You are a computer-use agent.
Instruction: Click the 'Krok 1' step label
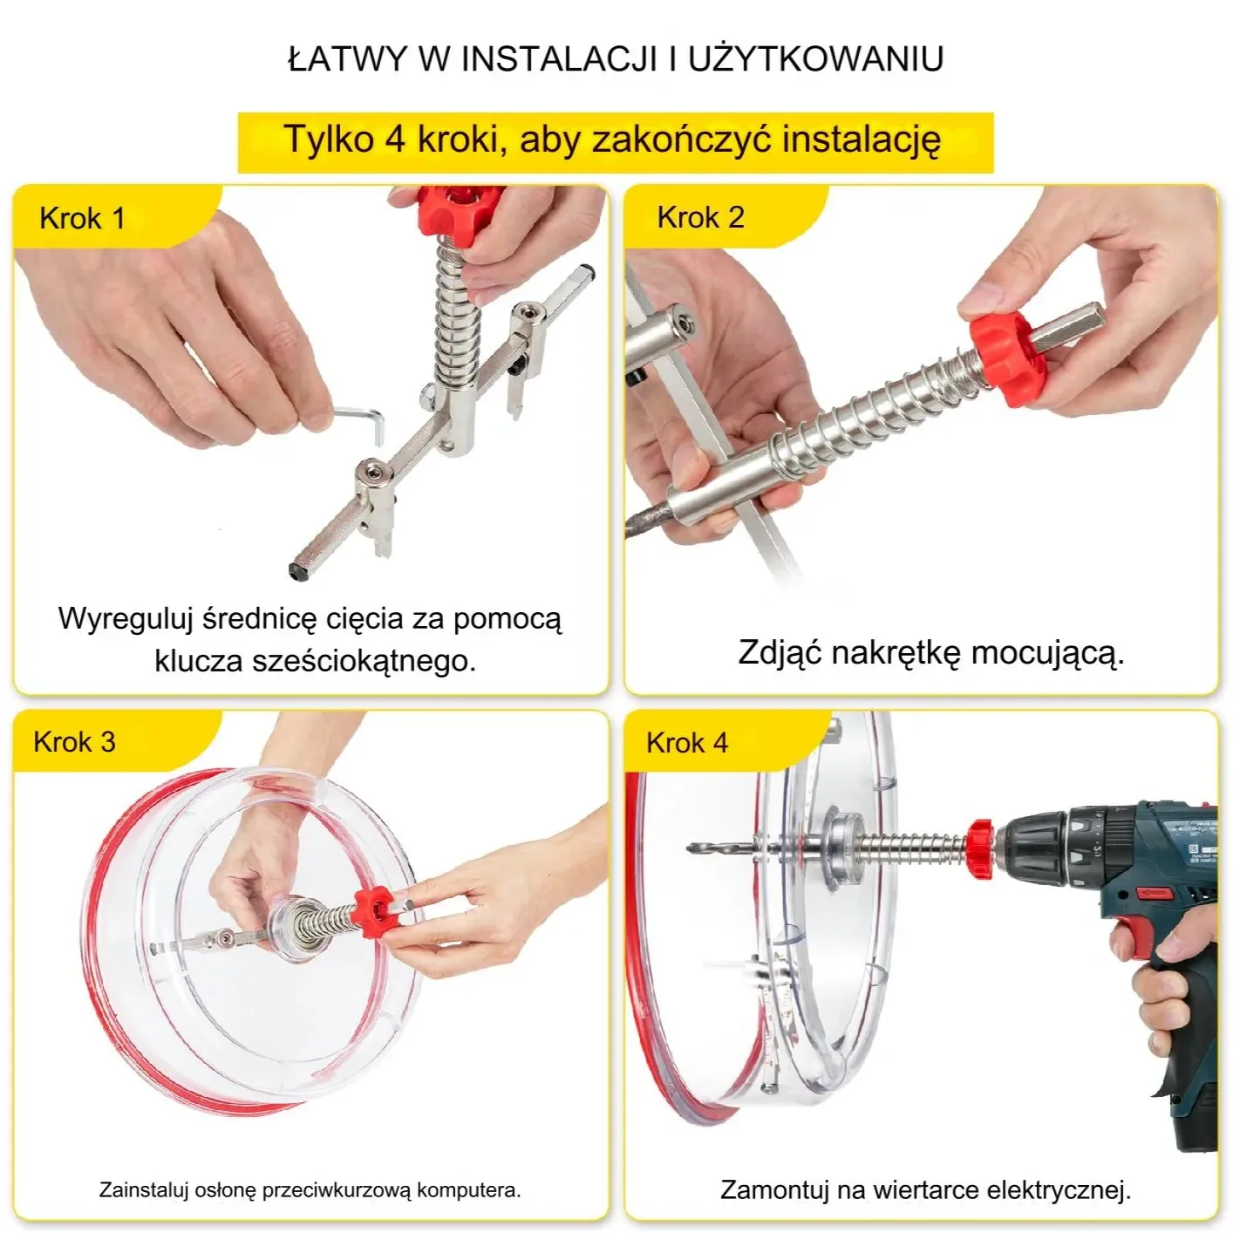83,219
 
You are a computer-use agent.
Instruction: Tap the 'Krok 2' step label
700,217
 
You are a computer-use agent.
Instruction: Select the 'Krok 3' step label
74,742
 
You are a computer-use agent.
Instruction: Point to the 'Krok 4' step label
686,743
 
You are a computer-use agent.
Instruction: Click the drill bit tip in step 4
690,848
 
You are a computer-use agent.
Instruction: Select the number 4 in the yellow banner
395,139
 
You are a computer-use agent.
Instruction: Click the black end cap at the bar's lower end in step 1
296,572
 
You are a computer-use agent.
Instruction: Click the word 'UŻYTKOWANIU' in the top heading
815,59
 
